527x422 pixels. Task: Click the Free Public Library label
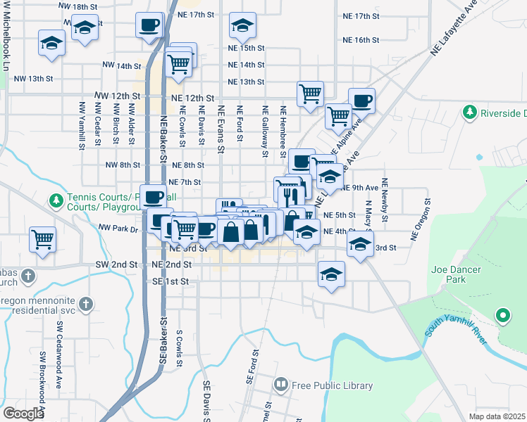(332, 385)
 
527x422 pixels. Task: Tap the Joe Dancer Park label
(449, 273)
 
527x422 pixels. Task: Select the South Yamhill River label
(456, 334)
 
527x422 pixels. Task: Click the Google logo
(23, 414)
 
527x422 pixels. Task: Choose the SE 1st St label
(171, 281)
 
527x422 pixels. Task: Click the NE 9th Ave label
(360, 188)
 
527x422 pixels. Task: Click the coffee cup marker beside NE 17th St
(149, 25)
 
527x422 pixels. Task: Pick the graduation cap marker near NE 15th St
(242, 27)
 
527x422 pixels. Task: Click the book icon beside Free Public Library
(280, 385)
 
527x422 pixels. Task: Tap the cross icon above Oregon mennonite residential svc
(86, 303)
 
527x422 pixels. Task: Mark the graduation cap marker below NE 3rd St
(331, 274)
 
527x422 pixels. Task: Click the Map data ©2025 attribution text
(497, 416)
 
